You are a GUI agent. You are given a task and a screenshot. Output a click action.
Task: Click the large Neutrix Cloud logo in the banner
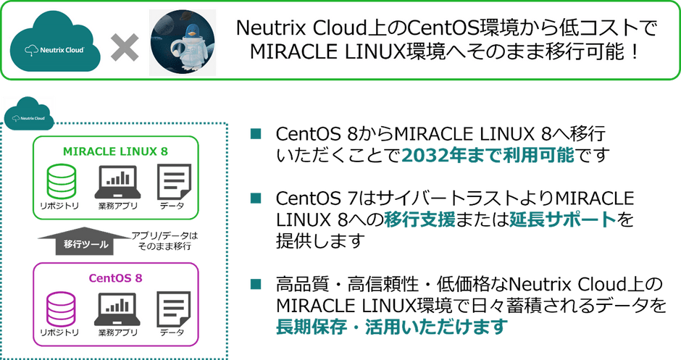coord(55,43)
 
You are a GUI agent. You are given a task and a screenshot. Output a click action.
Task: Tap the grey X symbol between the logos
coord(125,47)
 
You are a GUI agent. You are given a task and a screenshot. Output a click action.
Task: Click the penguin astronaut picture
coord(183,43)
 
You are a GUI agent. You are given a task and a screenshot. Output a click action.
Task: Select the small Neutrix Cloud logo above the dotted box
coord(29,114)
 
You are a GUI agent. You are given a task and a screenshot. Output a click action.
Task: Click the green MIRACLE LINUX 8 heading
coord(115,151)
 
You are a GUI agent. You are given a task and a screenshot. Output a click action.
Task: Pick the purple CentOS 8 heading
coord(115,278)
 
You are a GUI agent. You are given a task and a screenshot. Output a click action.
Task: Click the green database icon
coord(62,182)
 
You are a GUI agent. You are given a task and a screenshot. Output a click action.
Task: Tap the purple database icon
coord(62,309)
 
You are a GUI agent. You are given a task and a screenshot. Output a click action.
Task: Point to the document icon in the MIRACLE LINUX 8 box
coord(174,182)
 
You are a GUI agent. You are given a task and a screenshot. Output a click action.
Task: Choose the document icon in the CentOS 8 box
coord(174,309)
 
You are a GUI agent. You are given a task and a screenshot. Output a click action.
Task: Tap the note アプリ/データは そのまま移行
coord(164,241)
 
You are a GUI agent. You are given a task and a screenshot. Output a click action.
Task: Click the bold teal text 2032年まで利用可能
coord(488,155)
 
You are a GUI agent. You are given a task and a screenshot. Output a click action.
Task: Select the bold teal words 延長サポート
coord(564,219)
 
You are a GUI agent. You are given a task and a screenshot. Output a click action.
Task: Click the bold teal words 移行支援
coord(419,219)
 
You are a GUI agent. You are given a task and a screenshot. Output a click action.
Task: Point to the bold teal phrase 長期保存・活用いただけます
coord(392,326)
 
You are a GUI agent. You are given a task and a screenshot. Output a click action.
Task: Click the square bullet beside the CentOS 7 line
coord(256,198)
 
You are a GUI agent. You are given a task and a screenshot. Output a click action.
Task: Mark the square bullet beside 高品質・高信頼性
coord(256,283)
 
